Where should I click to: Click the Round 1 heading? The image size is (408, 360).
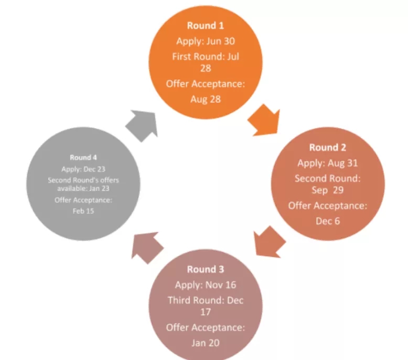(x=205, y=26)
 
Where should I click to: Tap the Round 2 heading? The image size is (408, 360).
(x=327, y=148)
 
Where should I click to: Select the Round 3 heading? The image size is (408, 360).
(x=206, y=269)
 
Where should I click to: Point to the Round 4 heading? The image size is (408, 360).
(x=83, y=157)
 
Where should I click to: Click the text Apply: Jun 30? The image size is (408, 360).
(x=205, y=41)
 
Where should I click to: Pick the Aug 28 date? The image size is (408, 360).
(x=205, y=99)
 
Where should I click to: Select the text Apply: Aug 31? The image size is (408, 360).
(x=327, y=163)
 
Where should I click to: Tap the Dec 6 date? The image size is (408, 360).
(x=327, y=221)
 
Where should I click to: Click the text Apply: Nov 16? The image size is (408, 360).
(x=206, y=285)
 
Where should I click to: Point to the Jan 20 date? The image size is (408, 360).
(x=206, y=343)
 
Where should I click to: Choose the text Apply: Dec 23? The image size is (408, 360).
(x=83, y=169)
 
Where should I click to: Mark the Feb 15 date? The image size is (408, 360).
(x=83, y=211)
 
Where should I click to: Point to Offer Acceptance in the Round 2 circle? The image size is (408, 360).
(x=327, y=205)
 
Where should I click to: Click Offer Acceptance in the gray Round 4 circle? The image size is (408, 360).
(x=83, y=200)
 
